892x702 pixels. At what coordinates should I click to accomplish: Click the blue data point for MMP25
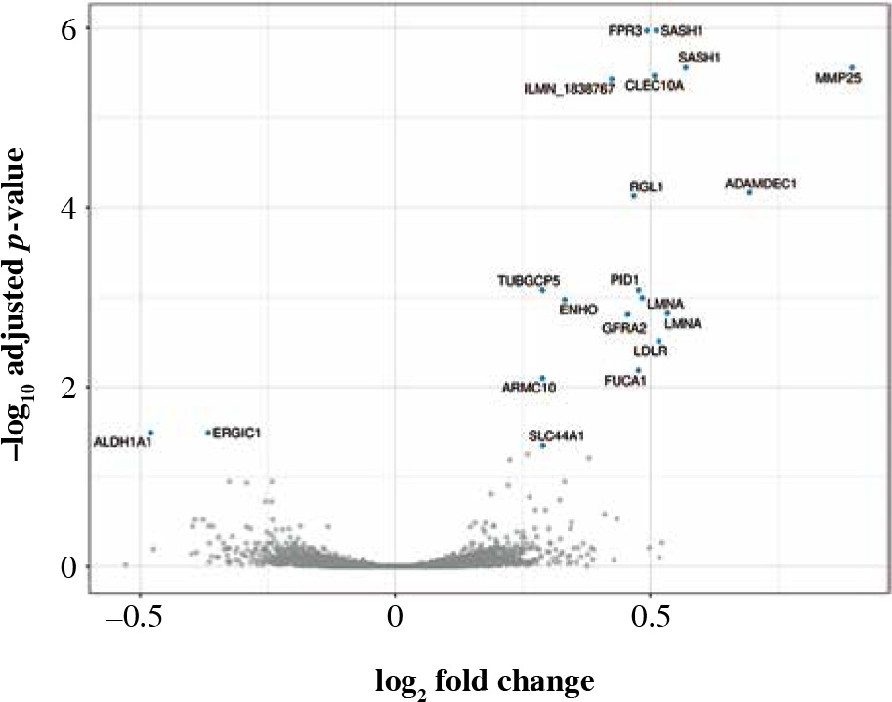tap(852, 68)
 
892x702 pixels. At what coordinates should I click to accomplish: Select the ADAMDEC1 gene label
tap(761, 184)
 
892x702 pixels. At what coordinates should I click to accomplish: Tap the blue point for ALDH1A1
tap(150, 433)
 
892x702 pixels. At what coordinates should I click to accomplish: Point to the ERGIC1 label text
tap(235, 432)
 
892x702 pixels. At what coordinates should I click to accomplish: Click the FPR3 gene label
tap(623, 31)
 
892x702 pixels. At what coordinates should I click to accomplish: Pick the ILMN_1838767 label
tap(569, 89)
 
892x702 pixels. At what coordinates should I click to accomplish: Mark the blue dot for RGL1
tap(633, 196)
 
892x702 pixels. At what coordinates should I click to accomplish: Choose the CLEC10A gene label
tap(654, 86)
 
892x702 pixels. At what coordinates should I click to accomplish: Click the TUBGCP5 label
tap(529, 281)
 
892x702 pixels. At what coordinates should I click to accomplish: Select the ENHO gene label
tap(577, 310)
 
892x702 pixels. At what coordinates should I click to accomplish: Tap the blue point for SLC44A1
tap(543, 445)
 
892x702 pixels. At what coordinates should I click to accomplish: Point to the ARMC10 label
tap(529, 388)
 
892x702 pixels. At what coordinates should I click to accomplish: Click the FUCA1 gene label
tap(625, 380)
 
